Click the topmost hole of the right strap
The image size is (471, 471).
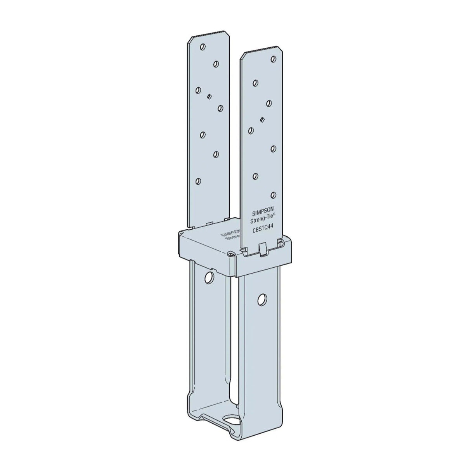(x=274, y=59)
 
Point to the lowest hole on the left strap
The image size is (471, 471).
(x=199, y=181)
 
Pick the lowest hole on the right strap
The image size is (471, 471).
(x=274, y=194)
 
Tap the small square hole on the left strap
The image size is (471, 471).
(x=210, y=96)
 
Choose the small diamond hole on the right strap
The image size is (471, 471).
(x=262, y=119)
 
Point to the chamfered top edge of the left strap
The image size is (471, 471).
(x=206, y=34)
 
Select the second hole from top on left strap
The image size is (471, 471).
(x=216, y=63)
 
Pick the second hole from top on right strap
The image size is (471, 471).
(x=255, y=82)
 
